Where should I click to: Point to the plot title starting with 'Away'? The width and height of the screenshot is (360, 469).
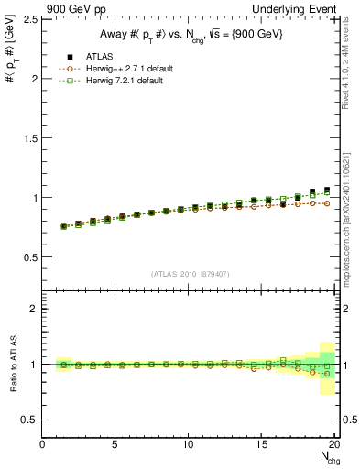click(191, 36)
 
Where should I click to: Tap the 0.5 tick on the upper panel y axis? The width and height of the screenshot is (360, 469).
click(27, 256)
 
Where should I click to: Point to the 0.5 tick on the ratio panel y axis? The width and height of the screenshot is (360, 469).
click(27, 420)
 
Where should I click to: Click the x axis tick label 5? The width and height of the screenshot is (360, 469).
click(115, 444)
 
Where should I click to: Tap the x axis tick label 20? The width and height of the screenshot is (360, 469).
click(334, 444)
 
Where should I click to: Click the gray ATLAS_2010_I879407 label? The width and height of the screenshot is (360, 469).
click(191, 274)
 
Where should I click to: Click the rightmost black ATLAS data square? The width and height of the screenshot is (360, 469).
click(327, 191)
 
